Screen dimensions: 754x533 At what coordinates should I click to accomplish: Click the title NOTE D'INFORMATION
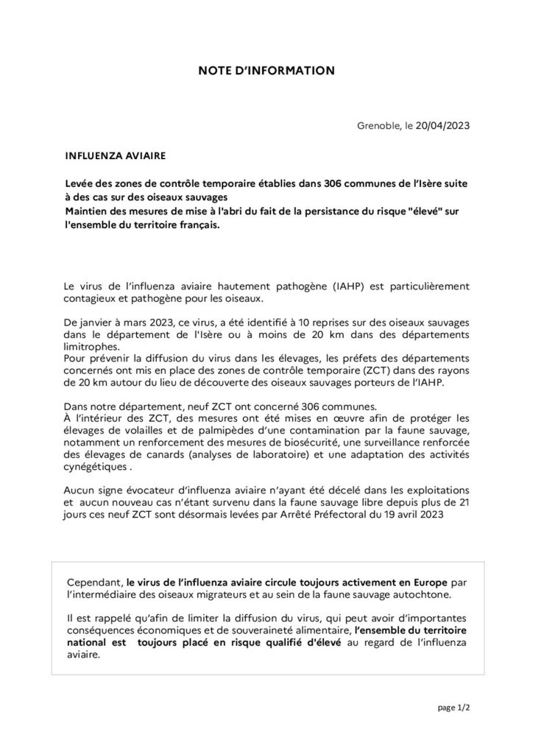[x=266, y=71]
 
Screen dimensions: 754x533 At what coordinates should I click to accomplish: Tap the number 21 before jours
[x=461, y=501]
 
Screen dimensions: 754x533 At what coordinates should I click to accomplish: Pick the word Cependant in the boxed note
[x=93, y=581]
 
